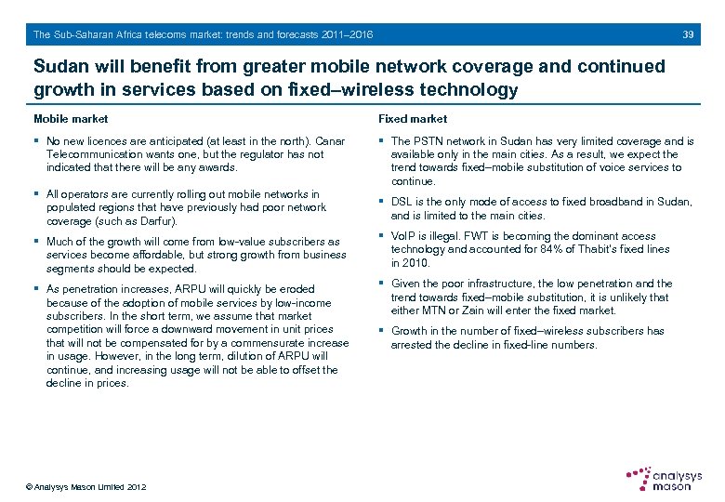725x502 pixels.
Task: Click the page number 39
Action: tap(688, 35)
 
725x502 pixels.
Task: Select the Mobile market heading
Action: tap(71, 119)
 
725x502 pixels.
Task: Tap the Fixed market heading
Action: tap(412, 119)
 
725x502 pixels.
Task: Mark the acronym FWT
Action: tap(478, 236)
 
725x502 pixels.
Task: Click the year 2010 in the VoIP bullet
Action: tap(414, 262)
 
